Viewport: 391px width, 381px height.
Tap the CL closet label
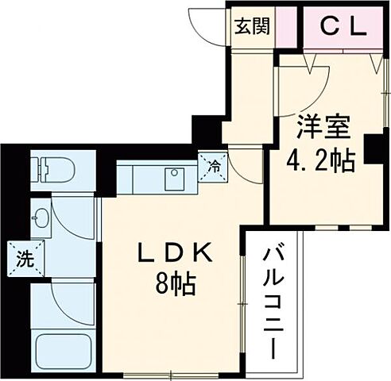pos(343,26)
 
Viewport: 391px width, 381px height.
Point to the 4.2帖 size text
pos(320,161)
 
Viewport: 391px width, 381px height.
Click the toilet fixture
pos(52,169)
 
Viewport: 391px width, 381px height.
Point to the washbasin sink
pos(42,217)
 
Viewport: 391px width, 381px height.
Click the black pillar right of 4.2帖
pos(371,150)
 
